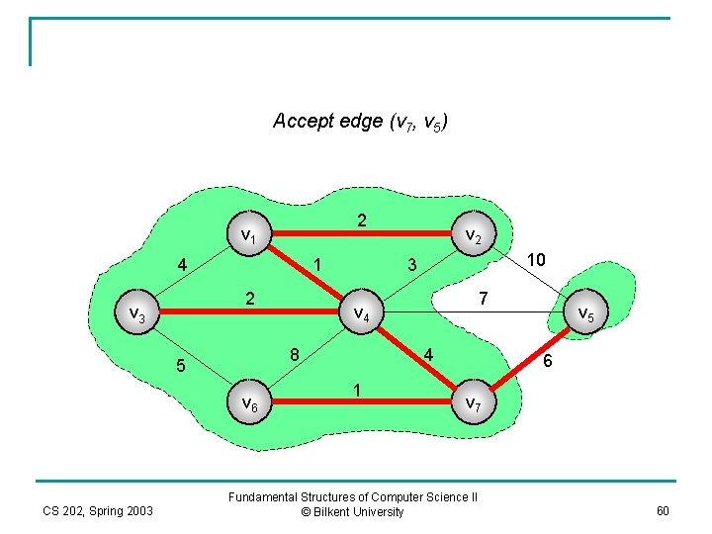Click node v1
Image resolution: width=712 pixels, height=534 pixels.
pyautogui.click(x=248, y=236)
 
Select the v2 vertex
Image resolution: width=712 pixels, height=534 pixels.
pyautogui.click(x=473, y=236)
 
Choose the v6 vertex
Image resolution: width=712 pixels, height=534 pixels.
pyautogui.click(x=249, y=402)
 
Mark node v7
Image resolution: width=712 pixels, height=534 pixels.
pyautogui.click(x=472, y=402)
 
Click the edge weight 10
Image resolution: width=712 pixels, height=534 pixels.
pyautogui.click(x=536, y=259)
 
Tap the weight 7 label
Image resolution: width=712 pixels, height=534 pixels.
pyautogui.click(x=482, y=298)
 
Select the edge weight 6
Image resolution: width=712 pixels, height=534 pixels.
pyautogui.click(x=549, y=363)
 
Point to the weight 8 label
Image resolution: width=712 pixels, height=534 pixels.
pyautogui.click(x=295, y=354)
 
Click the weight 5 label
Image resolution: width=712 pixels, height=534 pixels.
pyautogui.click(x=179, y=366)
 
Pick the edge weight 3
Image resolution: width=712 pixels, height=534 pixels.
pyautogui.click(x=412, y=264)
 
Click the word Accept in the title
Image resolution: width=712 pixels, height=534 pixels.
pyautogui.click(x=300, y=122)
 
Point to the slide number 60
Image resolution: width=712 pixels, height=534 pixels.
pyautogui.click(x=662, y=510)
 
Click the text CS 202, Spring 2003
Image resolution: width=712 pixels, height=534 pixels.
pyautogui.click(x=97, y=510)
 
